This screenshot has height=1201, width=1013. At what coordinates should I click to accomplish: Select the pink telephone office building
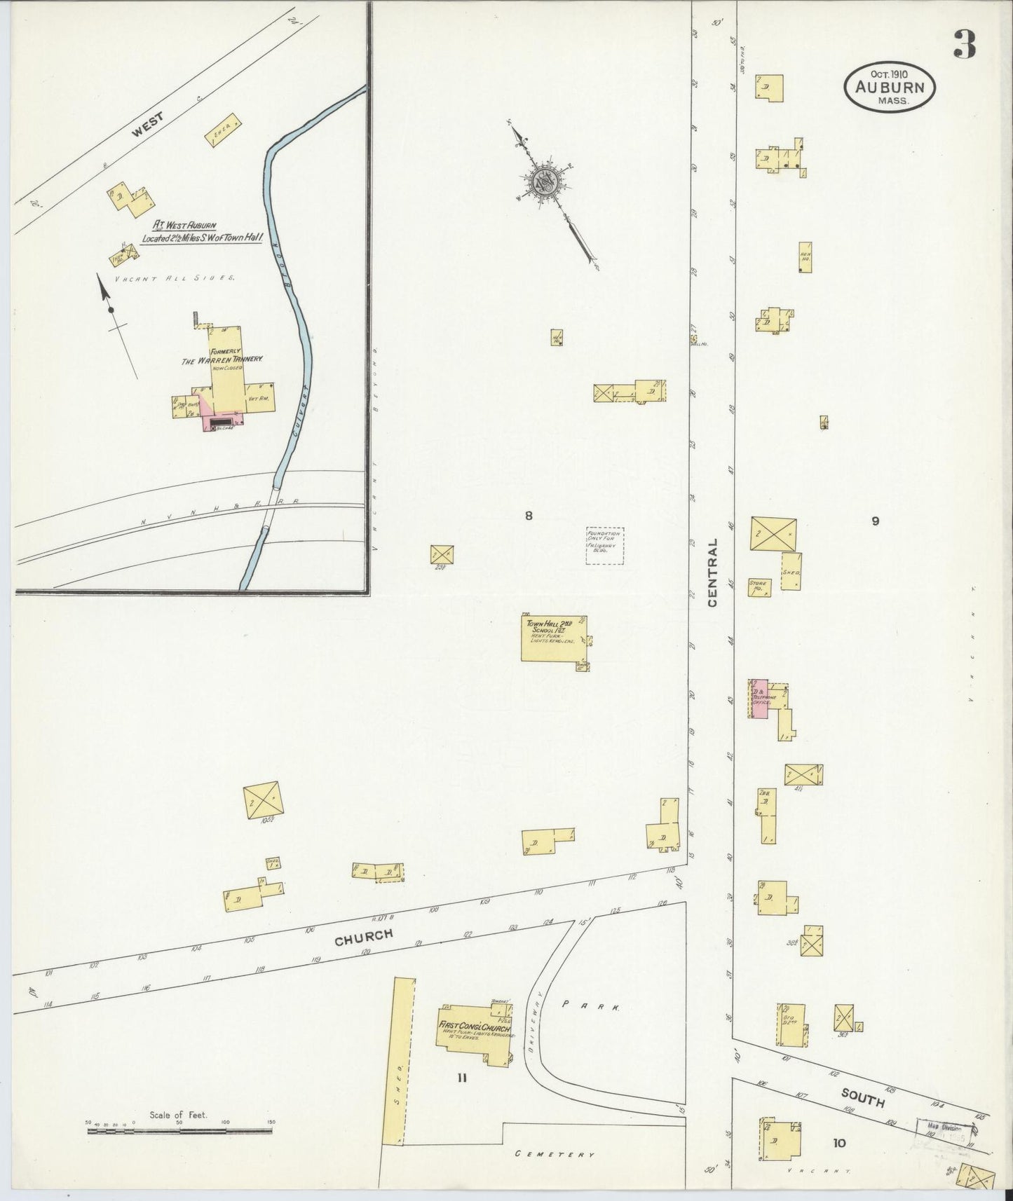tap(759, 699)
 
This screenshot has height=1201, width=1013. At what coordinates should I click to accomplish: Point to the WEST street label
tap(148, 125)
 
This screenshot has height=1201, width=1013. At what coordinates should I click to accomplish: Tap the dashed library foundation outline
tap(604, 546)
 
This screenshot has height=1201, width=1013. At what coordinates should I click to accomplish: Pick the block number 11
tap(461, 1078)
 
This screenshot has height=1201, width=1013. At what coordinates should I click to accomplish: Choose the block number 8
tap(529, 516)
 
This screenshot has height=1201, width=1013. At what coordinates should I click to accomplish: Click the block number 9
tap(875, 521)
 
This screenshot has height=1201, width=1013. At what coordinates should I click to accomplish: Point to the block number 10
tap(839, 1143)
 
